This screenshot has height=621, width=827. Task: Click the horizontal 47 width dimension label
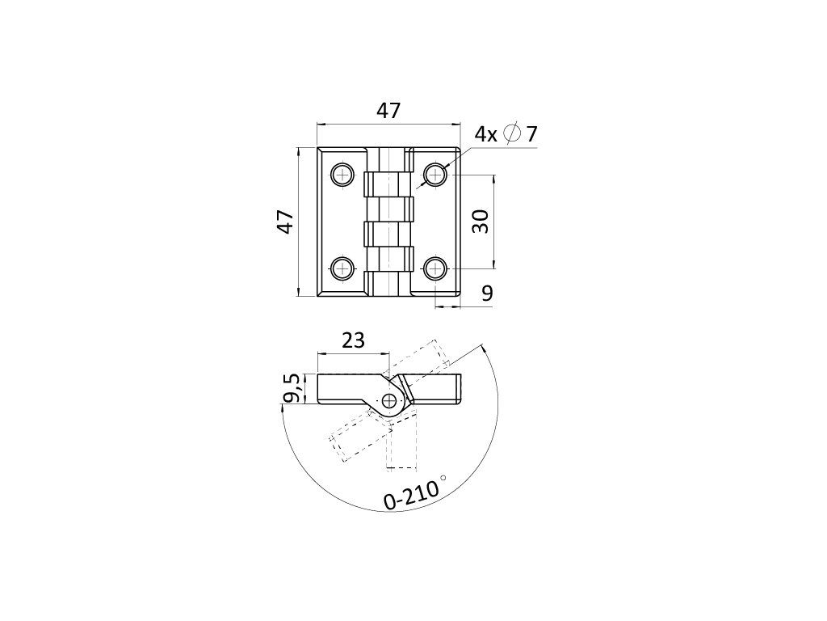coord(388,111)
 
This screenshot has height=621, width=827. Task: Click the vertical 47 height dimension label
coord(285,222)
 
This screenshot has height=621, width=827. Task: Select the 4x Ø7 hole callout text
coord(506,134)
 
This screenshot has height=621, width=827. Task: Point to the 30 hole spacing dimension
coord(481,221)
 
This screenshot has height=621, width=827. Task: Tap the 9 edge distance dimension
coord(487,294)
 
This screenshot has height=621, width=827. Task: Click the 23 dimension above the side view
coord(353,340)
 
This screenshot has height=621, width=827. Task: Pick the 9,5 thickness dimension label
coord(292,388)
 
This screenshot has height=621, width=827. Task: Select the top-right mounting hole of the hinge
coord(436,174)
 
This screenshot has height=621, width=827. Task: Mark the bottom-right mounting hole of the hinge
coord(436,268)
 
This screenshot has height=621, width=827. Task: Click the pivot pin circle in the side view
coord(390,400)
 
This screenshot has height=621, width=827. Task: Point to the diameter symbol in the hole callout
coord(511,134)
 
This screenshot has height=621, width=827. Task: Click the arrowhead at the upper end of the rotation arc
coord(482,349)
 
